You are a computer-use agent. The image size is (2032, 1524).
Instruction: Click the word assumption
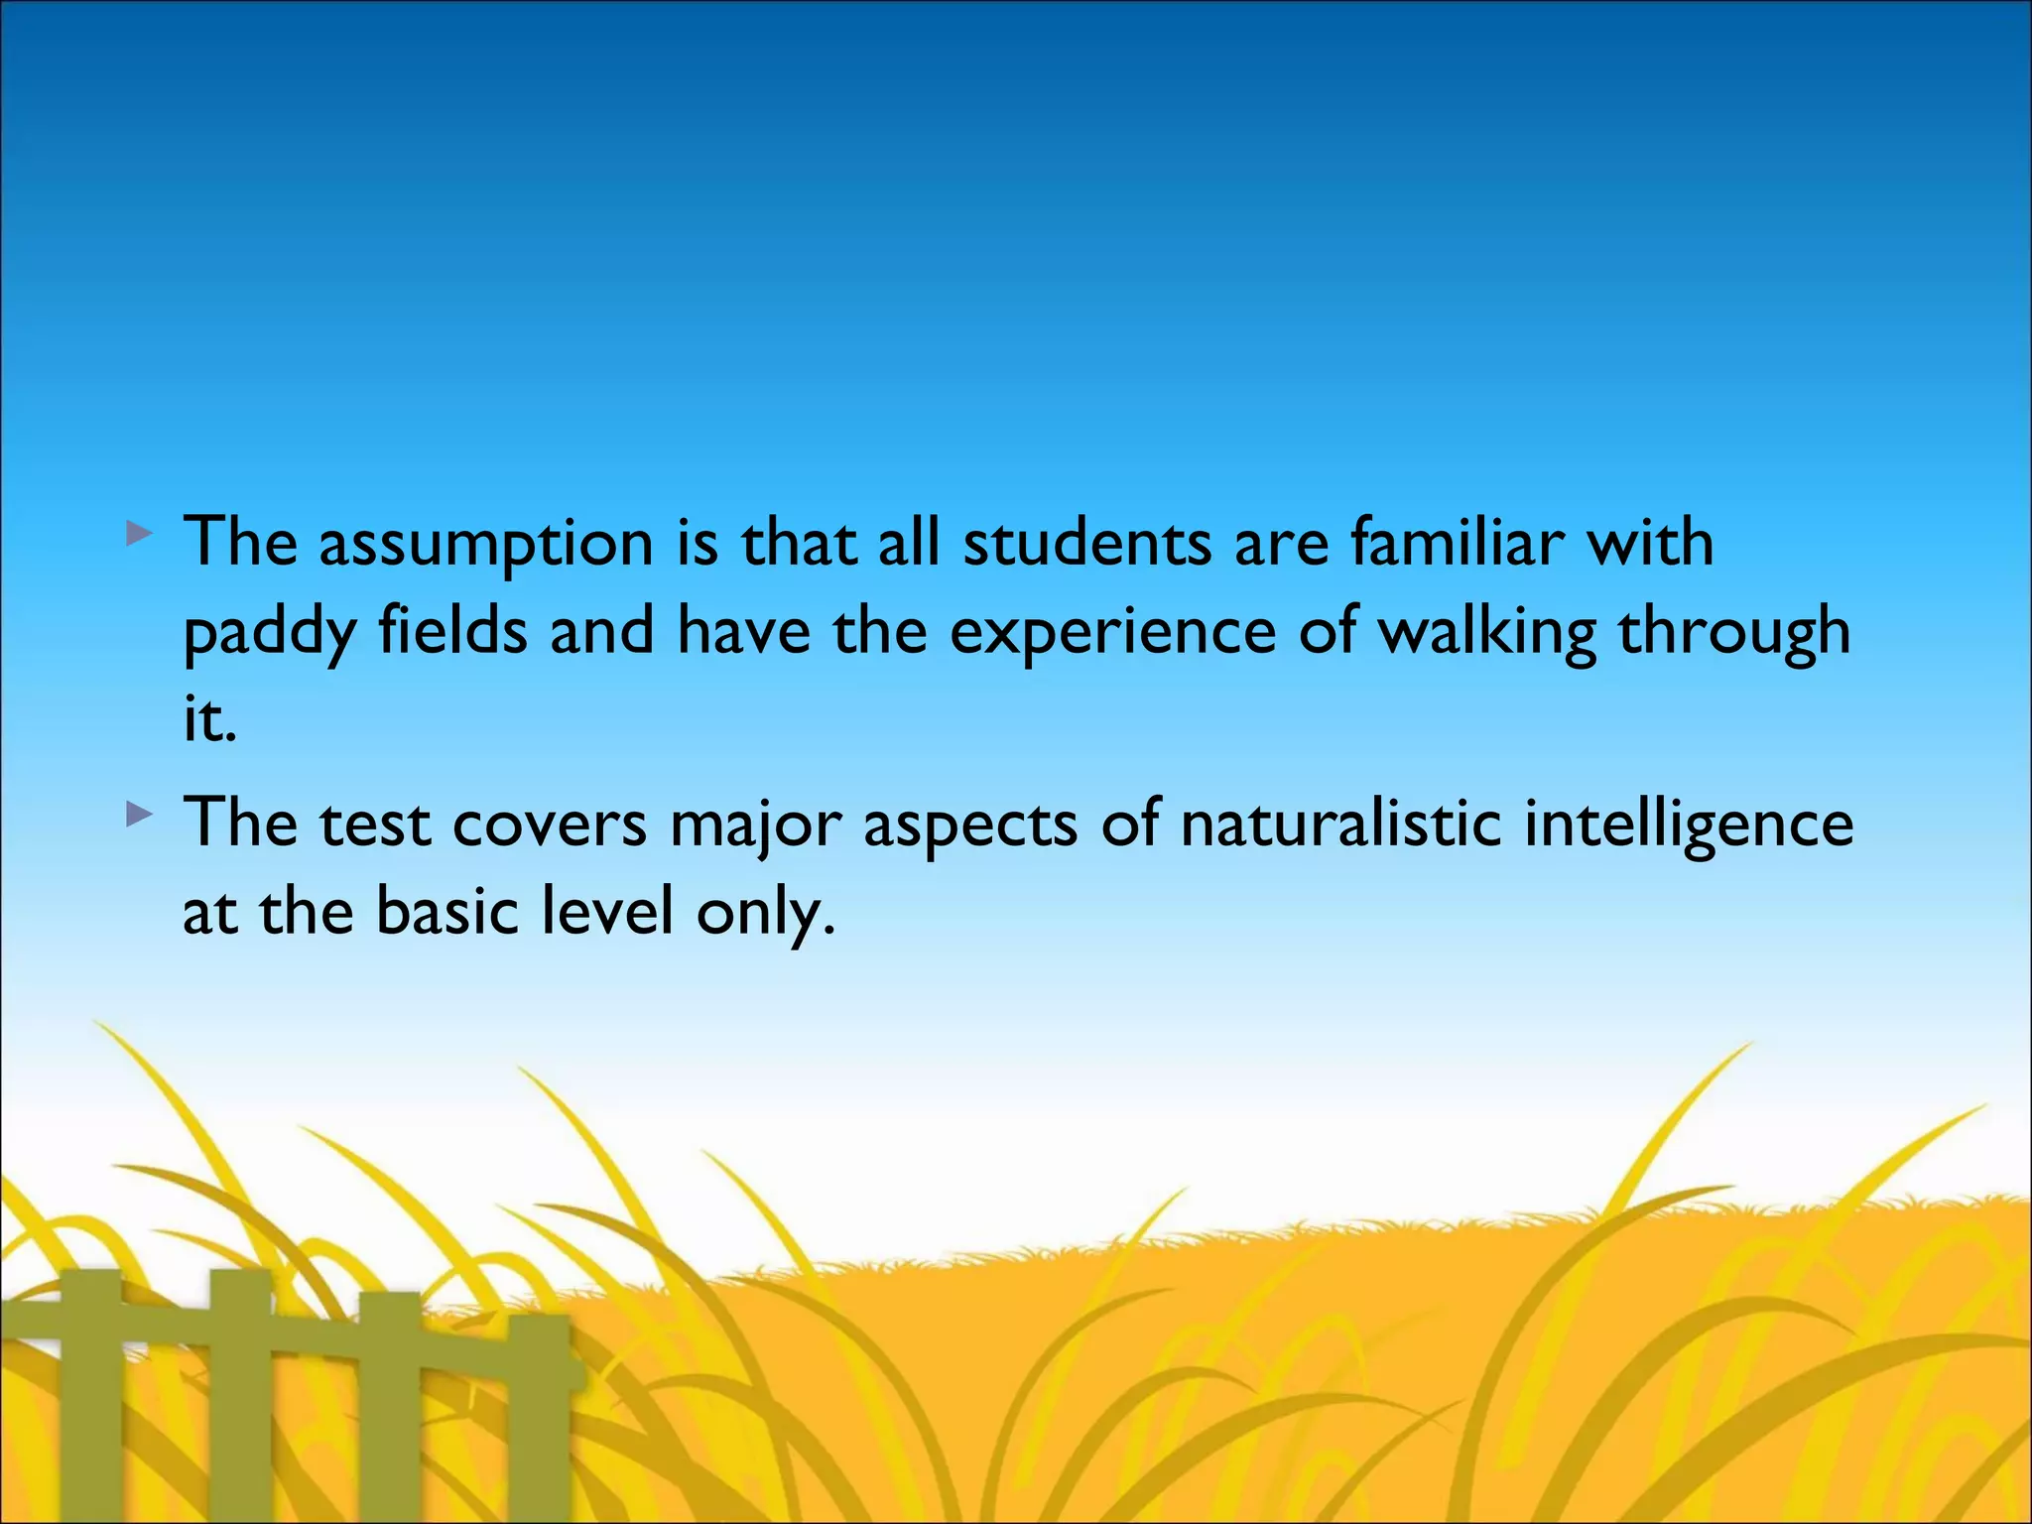[x=485, y=546]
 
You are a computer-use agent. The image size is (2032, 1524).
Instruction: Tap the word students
[x=1087, y=544]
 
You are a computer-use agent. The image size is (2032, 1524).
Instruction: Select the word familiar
[x=1458, y=544]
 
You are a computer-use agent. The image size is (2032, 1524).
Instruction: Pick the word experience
[x=1112, y=633]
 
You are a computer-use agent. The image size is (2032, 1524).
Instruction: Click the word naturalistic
[x=1339, y=824]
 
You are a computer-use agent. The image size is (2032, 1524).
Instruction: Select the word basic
[x=447, y=911]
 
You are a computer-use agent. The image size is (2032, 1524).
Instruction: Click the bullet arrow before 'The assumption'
[x=140, y=537]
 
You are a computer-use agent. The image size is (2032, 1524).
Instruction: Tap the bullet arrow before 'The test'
[x=140, y=818]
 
